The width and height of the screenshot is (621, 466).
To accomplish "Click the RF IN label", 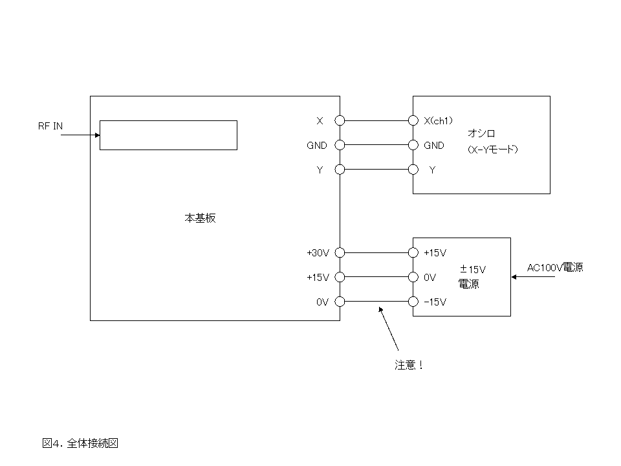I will point(50,126).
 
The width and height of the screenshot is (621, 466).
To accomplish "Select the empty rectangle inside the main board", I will point(168,135).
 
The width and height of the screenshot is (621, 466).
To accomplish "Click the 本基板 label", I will point(200,218).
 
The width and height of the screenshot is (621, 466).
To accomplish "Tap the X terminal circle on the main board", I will point(340,120).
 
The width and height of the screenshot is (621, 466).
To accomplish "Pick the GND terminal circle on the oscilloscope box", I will point(413,145).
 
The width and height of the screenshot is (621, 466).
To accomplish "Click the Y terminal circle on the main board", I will point(340,170).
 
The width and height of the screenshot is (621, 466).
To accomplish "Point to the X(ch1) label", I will point(438,120).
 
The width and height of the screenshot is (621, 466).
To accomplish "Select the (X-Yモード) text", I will point(492,150).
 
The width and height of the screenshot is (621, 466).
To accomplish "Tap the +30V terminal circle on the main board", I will point(340,252).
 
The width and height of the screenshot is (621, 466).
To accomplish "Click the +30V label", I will point(318,252).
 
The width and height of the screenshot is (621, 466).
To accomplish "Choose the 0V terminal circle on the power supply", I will point(413,277).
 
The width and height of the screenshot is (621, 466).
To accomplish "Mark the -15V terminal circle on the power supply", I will point(413,302).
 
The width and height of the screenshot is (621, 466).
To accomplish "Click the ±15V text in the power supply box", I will point(473,269).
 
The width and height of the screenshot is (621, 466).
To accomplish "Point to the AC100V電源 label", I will point(555,267).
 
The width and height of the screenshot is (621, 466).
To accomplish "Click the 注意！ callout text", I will point(409,365).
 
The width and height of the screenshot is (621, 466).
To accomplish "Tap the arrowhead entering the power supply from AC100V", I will point(514,277).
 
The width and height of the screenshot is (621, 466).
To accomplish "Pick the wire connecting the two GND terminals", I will point(376,145).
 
